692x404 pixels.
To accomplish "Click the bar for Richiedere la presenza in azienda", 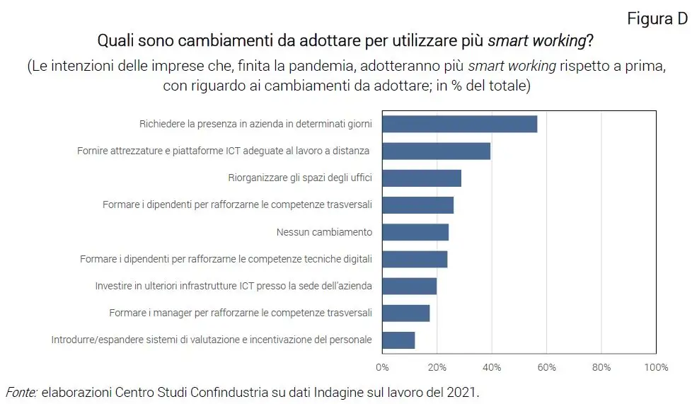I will (459, 124).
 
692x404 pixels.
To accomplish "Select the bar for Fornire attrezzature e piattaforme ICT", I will (436, 151).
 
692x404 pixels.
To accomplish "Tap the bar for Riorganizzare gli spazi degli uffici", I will (422, 178).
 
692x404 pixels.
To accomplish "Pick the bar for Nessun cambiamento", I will (415, 232).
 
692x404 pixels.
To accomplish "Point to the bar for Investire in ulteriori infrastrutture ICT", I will (409, 286).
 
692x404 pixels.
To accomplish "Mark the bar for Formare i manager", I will (405, 313).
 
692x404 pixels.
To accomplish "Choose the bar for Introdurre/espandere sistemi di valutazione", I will (398, 340).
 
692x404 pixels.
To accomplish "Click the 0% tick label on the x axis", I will (382, 367).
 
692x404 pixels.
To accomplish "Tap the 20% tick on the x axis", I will (437, 367).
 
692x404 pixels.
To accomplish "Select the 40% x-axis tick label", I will (492, 367).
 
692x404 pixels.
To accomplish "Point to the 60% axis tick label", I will (546, 367).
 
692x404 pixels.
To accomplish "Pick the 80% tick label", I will (601, 367).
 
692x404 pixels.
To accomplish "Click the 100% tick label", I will (656, 367).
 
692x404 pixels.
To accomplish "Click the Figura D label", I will (657, 19).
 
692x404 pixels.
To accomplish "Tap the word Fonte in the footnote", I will (21, 391).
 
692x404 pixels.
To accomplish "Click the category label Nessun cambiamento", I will (324, 232).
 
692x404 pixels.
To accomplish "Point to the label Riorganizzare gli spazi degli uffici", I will (300, 178).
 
